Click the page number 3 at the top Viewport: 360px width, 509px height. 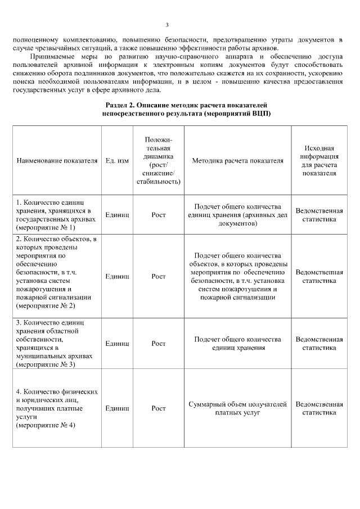click(x=167, y=25)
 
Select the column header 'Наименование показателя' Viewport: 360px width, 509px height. click(x=57, y=160)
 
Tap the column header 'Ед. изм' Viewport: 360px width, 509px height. click(x=117, y=160)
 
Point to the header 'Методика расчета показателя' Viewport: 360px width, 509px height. click(x=237, y=160)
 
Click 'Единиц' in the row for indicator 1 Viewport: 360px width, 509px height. click(x=117, y=215)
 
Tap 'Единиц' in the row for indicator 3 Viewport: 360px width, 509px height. click(x=117, y=343)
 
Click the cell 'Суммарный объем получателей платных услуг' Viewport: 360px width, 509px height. click(x=237, y=408)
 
